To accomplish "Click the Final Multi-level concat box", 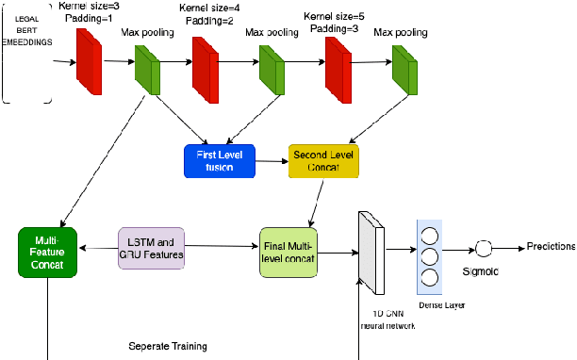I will [293, 252].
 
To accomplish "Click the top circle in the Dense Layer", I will [430, 233].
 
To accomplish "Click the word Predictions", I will [550, 246].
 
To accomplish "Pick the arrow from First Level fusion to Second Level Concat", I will [272, 161].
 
